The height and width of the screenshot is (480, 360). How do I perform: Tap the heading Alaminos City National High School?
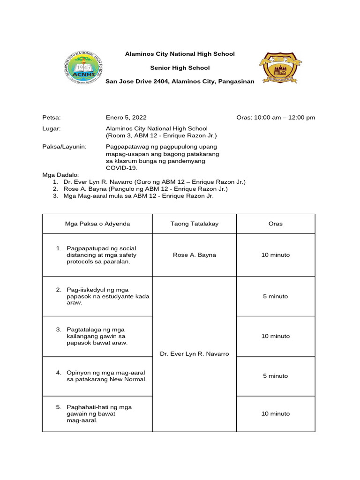[180, 54]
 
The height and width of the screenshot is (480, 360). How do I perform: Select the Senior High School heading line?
[180, 67]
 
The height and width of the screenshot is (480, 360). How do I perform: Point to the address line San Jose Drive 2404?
[180, 81]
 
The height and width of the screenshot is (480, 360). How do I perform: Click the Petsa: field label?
[52, 117]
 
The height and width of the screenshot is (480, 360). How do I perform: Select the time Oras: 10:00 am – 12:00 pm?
[276, 117]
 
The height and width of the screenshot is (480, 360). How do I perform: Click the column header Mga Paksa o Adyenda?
[97, 224]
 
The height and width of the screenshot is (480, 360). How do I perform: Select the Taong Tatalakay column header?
[194, 224]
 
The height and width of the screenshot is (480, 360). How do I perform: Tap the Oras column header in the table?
[276, 224]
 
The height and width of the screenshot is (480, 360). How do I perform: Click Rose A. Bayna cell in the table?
[194, 255]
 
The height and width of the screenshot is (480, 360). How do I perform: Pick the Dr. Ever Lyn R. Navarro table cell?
[194, 354]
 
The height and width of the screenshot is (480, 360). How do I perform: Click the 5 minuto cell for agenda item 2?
[276, 296]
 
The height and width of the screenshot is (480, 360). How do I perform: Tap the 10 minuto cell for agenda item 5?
[276, 414]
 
